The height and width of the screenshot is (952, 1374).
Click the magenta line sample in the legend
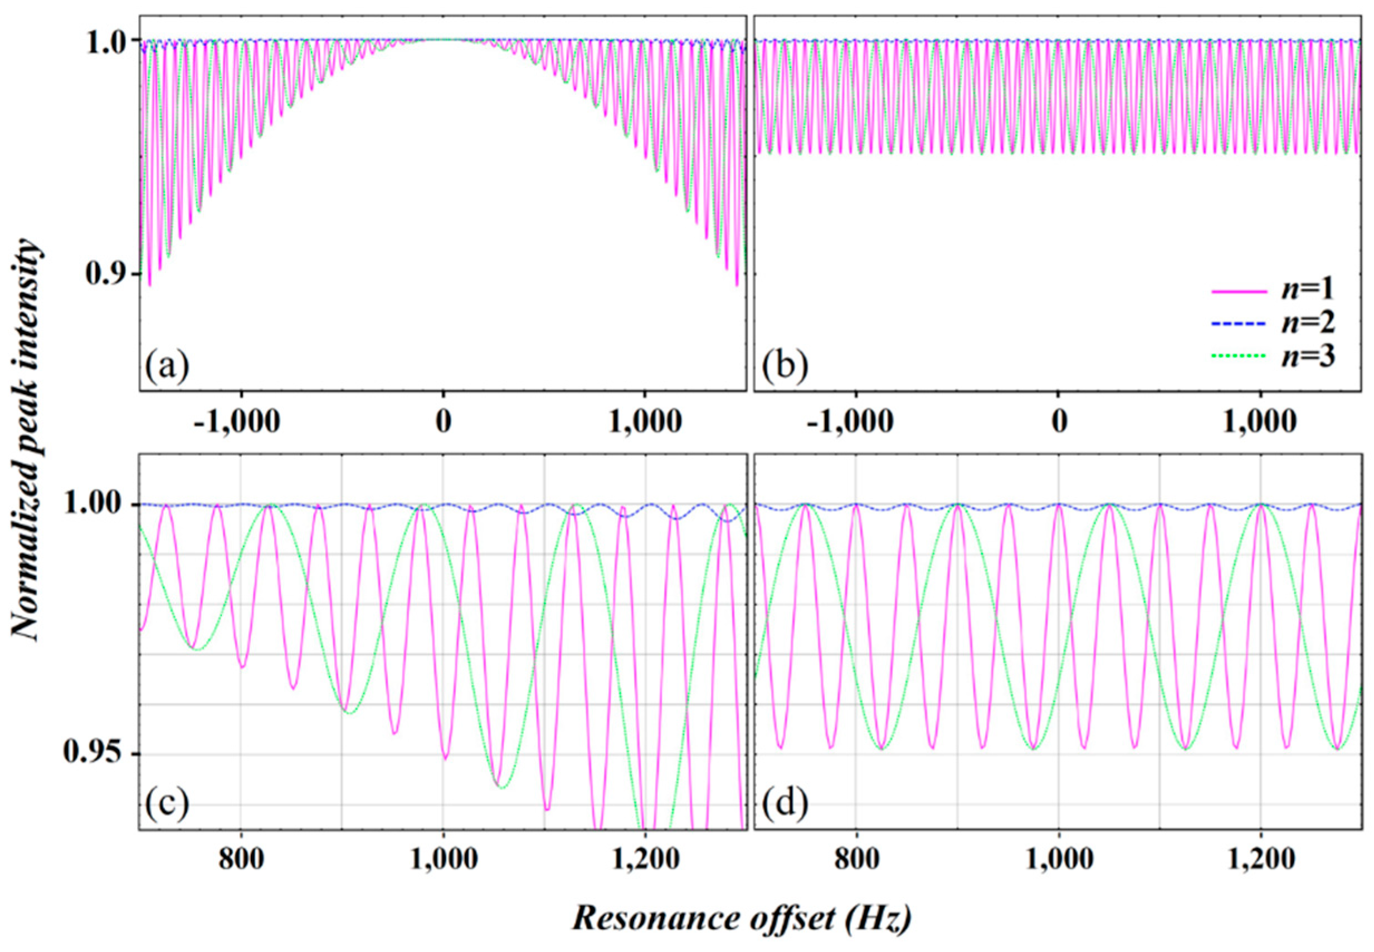pyautogui.click(x=1239, y=292)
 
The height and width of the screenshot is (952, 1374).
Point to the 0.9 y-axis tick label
pyautogui.click(x=106, y=274)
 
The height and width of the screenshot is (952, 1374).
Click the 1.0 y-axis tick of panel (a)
pyautogui.click(x=106, y=40)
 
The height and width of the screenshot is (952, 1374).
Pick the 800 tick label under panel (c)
pyautogui.click(x=240, y=860)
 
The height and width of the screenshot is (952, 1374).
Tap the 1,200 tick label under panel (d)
pyautogui.click(x=1260, y=860)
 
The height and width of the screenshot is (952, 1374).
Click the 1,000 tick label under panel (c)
pyautogui.click(x=442, y=860)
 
